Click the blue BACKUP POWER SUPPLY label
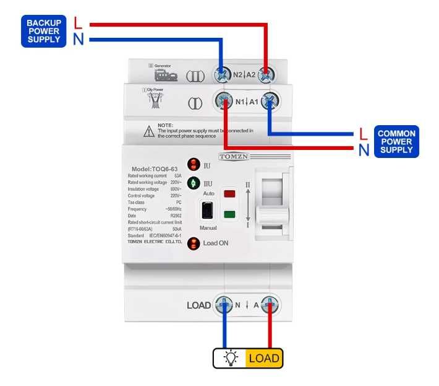pos(43,31)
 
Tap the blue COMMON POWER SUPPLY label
pos(396,141)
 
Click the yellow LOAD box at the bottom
pos(264,358)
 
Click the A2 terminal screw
pos(267,74)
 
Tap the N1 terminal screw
pos(223,102)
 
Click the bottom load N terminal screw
pos(223,304)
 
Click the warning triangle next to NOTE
pos(149,131)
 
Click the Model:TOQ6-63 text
pos(153,169)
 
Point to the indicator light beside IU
pos(193,165)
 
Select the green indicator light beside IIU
pos(193,183)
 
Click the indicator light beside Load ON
pos(193,243)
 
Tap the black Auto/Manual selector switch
pos(208,211)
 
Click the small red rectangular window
pos(229,194)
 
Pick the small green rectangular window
pos(229,215)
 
